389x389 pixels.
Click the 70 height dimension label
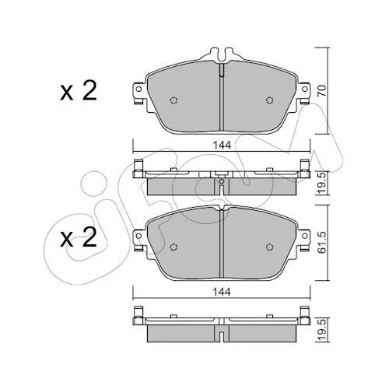(322, 90)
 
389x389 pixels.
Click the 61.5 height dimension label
(322, 243)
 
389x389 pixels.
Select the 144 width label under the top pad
(222, 145)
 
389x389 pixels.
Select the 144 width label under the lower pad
(222, 293)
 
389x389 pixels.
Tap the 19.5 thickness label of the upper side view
(322, 183)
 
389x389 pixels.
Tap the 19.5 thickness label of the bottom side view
(322, 330)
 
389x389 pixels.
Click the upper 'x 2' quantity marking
(79, 91)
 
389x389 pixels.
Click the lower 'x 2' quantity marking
(79, 237)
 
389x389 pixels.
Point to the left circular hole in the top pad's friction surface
(173, 100)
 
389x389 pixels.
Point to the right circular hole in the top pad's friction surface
(270, 100)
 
